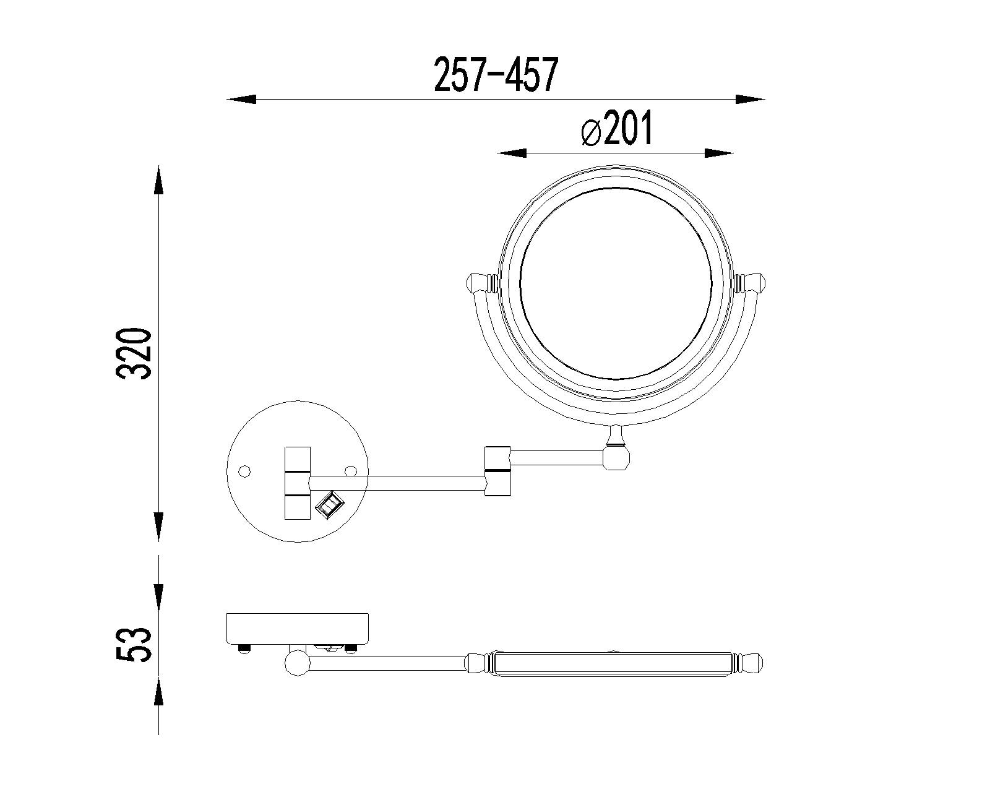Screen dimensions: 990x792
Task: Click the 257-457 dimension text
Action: coord(496,74)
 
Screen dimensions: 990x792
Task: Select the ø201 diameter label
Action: coord(617,128)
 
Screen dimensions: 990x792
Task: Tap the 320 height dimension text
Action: coord(134,353)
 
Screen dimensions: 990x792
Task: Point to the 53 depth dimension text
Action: coord(134,644)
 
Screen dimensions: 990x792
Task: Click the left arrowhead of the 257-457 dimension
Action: coord(241,100)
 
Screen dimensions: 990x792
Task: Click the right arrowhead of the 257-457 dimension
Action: coord(751,100)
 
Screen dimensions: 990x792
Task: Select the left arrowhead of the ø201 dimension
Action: coord(512,153)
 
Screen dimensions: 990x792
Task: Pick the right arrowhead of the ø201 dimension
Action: coord(720,153)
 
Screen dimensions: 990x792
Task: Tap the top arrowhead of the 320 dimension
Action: coord(159,181)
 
